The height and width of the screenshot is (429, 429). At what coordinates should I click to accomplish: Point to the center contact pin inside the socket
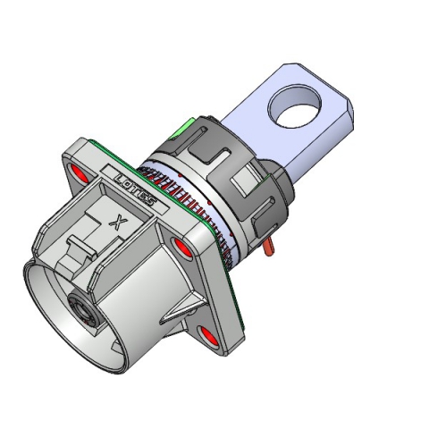coord(81,315)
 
